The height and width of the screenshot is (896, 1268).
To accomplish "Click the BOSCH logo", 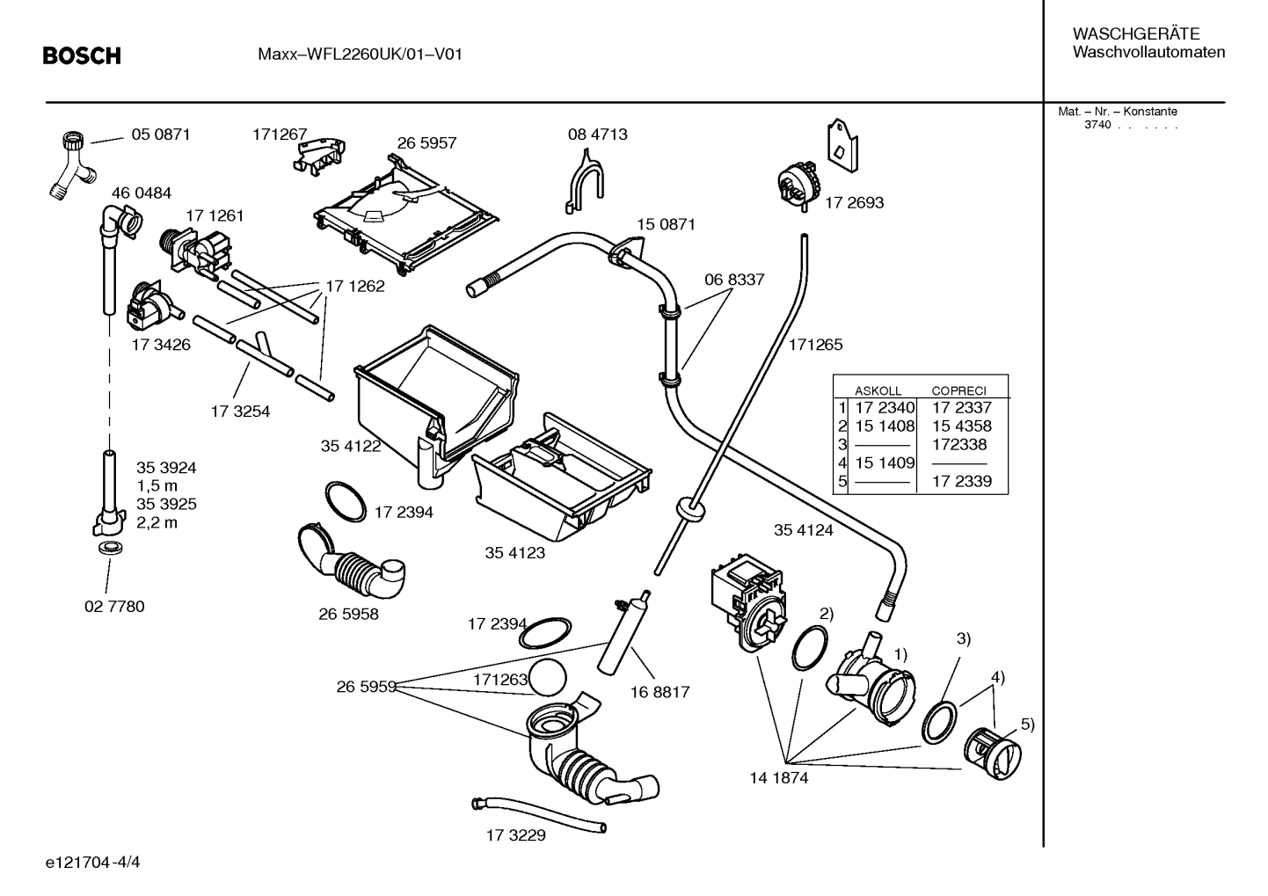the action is pos(82,55).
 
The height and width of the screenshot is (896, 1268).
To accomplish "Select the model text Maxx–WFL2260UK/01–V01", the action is pos(360,55).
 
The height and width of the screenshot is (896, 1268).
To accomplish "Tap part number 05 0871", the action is pos(161,135).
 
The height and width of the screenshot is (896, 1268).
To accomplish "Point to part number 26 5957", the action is pos(426,142).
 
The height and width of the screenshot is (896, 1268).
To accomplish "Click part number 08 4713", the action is pos(598,135).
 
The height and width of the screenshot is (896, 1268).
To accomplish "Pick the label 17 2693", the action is pos(854,202).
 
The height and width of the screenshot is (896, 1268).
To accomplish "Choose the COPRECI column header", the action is pos(959,390).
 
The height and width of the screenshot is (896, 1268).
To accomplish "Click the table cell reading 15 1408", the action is pos(885,426).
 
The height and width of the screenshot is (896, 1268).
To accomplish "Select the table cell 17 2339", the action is pos(962,481).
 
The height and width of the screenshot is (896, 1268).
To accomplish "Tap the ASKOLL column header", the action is pos(878,390).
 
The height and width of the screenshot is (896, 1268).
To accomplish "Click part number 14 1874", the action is pos(779,777).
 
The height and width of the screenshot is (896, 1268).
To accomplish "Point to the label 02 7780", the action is pos(114,606).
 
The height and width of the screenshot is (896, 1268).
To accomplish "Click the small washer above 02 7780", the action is pos(111,548).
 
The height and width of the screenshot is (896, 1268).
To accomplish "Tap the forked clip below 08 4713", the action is pos(584,181).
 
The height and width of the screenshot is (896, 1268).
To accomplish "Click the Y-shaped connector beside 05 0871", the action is pos(72,164).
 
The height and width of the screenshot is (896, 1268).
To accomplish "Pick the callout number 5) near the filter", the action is pos(1027,724).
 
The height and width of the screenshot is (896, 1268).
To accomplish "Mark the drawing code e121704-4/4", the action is pos(93,862).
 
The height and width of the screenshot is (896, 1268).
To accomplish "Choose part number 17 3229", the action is pos(515,834).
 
